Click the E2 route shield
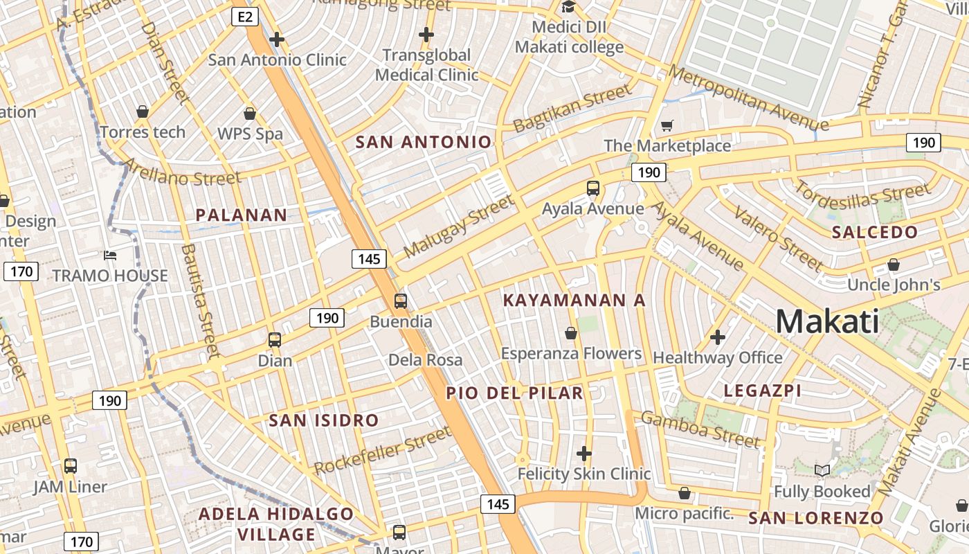[245, 17]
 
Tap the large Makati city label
[827, 322]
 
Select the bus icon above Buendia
[401, 301]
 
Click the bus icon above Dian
[275, 340]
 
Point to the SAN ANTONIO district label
[423, 143]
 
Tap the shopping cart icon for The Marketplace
[667, 125]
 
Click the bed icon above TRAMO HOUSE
[110, 255]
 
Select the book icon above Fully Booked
[822, 471]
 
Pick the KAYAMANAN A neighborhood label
[574, 301]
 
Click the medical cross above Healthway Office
[718, 337]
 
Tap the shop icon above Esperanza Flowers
[571, 334]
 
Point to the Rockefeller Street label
[382, 451]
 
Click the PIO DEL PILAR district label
[514, 393]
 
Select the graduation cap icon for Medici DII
[569, 7]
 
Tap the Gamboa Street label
[700, 429]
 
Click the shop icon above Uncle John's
[894, 265]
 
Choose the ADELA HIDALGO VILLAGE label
[276, 524]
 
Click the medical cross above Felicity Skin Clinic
[584, 454]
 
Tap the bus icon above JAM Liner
[71, 466]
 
